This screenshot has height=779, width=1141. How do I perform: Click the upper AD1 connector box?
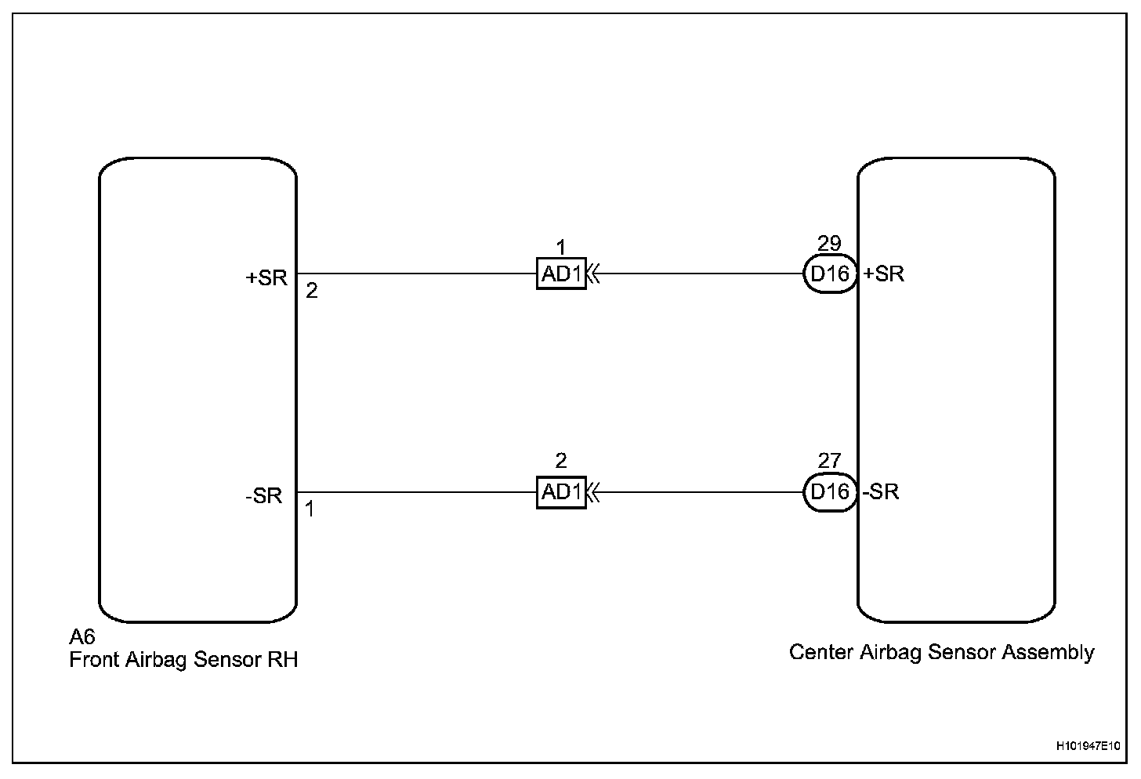point(561,274)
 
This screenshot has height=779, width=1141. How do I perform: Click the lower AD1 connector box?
point(561,493)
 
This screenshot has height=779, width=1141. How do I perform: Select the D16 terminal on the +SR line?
point(829,274)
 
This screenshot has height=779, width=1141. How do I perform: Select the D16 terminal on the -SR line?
point(829,492)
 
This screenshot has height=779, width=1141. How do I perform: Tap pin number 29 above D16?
point(829,243)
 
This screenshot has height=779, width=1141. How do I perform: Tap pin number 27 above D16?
point(829,461)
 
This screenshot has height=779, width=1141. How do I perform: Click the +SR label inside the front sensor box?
point(267,278)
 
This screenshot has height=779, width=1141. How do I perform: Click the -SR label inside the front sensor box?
point(263,496)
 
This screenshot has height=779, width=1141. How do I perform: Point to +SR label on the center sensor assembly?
point(884,274)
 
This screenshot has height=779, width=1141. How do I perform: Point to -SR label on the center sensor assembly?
point(881,492)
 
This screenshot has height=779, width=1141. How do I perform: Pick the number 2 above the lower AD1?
point(560,461)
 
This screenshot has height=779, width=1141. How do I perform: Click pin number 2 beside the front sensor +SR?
point(312,292)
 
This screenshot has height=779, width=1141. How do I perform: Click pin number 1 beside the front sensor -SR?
point(310,509)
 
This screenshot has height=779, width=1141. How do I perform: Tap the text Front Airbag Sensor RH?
point(183,660)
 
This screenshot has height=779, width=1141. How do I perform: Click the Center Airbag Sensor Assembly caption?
point(941,652)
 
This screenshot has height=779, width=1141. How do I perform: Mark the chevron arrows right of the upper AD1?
point(594,274)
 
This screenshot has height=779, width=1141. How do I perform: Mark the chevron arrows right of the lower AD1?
point(594,493)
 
